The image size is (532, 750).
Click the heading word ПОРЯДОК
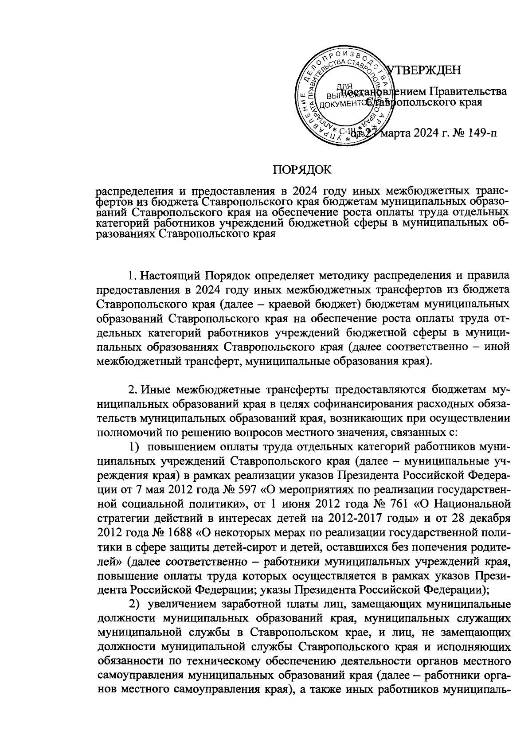(x=301, y=170)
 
